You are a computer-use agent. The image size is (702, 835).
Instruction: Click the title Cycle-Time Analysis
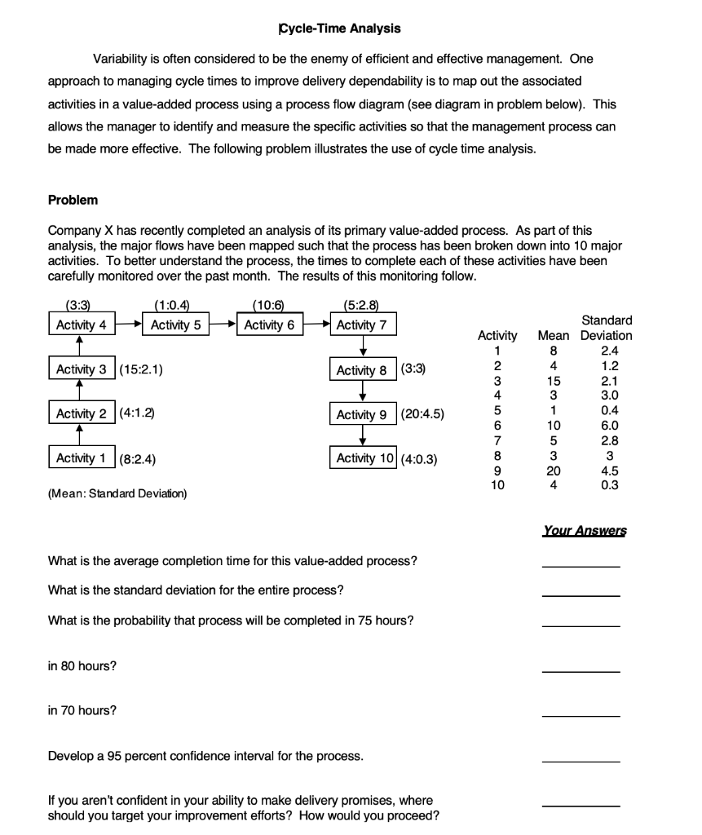click(340, 29)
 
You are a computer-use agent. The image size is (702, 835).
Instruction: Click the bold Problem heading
click(73, 200)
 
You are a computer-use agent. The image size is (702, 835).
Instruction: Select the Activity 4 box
click(81, 325)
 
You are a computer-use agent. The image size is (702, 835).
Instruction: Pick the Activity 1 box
click(81, 457)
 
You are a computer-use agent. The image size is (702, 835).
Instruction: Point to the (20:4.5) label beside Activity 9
click(422, 414)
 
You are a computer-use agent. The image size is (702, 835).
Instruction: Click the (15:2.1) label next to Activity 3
click(141, 369)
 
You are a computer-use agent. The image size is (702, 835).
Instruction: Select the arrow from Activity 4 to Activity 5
click(126, 325)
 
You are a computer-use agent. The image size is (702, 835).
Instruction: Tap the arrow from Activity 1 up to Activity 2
click(79, 435)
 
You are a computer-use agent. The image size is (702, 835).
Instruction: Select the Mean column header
click(554, 335)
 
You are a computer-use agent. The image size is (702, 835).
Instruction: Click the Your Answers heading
click(584, 531)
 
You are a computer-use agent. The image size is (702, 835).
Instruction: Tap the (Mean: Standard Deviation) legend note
click(117, 493)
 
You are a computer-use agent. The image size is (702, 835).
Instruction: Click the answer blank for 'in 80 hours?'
click(581, 671)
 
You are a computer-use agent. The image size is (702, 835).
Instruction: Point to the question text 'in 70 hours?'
click(82, 710)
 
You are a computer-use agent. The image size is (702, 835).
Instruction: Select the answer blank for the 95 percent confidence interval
click(581, 761)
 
